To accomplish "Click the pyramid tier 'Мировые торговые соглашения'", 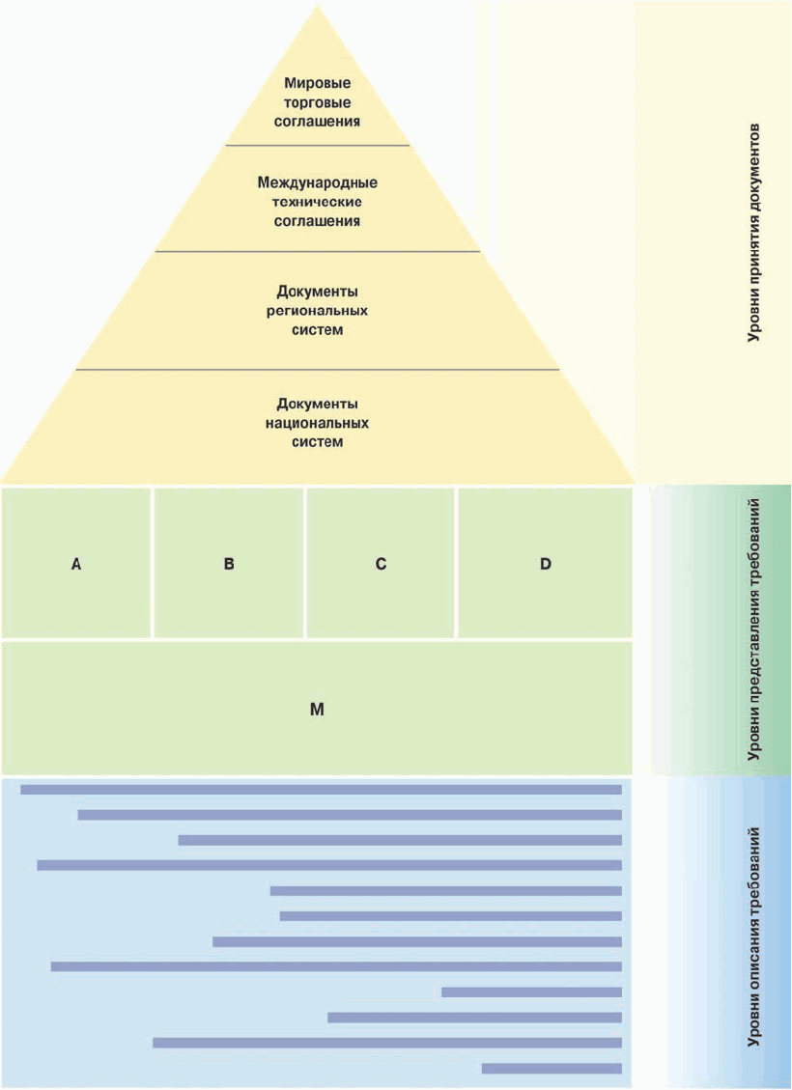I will pos(317,102).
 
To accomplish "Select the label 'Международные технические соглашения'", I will pos(317,201).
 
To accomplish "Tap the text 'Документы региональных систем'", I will pos(317,310).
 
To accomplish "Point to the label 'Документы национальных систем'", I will pos(317,423).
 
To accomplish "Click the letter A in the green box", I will pos(75,564).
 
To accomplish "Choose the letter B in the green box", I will pos(229,564).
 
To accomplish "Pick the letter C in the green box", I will pos(381,564).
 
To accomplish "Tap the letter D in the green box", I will pos(546,564).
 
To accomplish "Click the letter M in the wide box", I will pos(317,709).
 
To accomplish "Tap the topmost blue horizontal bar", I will pos(321,790).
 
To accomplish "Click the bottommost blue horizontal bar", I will pos(552,1068).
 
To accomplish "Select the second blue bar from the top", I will pos(350,815).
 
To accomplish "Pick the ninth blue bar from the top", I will pos(531,992).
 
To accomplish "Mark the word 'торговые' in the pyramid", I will pos(317,102).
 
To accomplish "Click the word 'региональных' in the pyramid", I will pos(317,311).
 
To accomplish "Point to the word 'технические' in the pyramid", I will pos(317,201).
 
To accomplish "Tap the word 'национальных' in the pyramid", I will pos(317,423).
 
